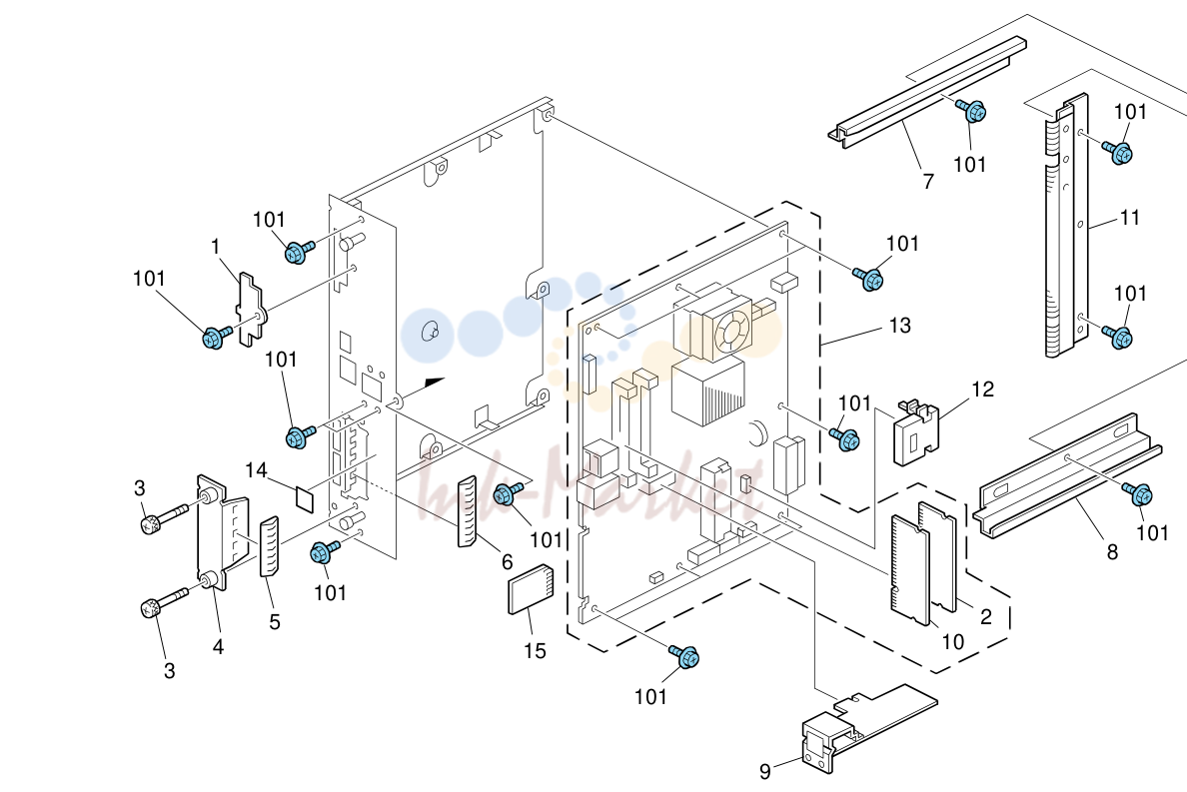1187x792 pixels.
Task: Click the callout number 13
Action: (x=899, y=326)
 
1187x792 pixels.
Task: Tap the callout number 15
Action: (x=535, y=650)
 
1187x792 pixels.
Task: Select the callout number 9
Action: (x=765, y=771)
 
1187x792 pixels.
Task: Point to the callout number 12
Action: (x=982, y=390)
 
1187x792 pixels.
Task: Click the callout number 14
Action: (x=256, y=470)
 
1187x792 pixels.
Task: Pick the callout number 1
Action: (x=215, y=247)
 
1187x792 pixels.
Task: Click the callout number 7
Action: (x=928, y=182)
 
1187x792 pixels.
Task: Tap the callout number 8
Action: (x=1112, y=552)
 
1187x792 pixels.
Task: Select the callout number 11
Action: (x=1129, y=218)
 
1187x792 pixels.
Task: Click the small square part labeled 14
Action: (x=305, y=497)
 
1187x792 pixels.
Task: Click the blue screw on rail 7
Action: (x=972, y=111)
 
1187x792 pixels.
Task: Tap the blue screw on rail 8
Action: (x=1139, y=493)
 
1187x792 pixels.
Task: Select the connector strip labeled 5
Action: (x=269, y=547)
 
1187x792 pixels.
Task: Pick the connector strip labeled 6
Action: (x=467, y=511)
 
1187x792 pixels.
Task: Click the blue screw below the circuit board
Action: (x=685, y=656)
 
